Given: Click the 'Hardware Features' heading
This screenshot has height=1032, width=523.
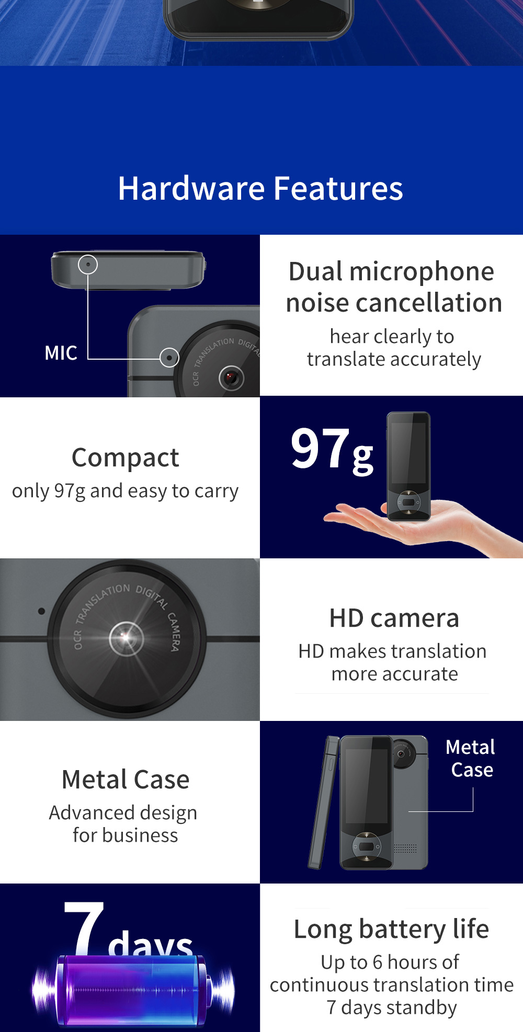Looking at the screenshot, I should [260, 188].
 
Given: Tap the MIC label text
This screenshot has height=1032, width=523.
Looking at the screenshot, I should [61, 353].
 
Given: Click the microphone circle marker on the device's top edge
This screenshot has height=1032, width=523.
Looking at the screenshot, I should [88, 265].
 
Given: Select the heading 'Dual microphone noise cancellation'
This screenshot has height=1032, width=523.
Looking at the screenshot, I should [393, 287].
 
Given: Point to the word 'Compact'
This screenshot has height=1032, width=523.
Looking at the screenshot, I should [126, 457].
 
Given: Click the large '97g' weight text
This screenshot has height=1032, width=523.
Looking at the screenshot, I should [332, 450].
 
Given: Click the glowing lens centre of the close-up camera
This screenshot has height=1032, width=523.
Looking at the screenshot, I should [126, 637].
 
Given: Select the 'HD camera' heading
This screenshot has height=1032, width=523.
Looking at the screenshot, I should [394, 618].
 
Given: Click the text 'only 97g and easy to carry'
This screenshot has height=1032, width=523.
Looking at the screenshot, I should [126, 491].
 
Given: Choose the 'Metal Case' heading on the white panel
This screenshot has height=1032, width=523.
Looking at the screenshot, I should [126, 779].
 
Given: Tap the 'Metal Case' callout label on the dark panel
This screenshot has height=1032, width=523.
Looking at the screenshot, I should [471, 759].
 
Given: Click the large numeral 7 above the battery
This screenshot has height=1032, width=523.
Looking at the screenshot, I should [84, 928].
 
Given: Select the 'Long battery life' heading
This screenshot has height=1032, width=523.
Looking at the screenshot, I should [391, 929].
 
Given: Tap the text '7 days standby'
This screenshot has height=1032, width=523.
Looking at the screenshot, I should [392, 1007].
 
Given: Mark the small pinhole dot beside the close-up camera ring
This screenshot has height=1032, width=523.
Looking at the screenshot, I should [41, 611].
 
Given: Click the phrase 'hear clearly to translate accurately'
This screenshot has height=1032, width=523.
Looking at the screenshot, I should [393, 348].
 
